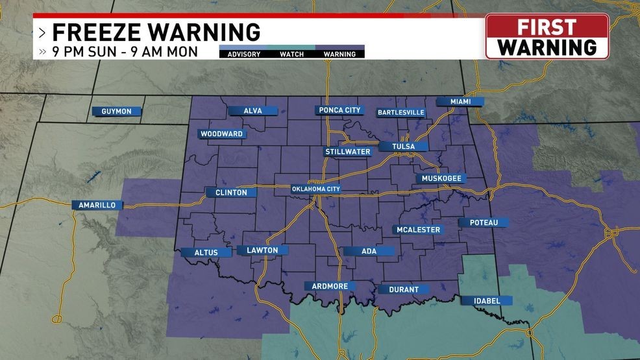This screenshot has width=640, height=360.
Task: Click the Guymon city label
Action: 117,112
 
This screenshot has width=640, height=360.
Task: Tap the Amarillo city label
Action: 97,205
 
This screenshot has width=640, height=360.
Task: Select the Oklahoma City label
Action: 316,189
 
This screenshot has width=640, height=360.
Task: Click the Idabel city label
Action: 487,301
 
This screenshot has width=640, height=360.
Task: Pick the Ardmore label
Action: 330,286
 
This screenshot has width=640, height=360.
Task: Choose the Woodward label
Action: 221,134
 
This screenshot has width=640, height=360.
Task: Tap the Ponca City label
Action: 339,110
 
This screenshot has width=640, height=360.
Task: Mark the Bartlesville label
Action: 401,112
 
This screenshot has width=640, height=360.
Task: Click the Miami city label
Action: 460,102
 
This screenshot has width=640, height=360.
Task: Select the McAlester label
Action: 419,230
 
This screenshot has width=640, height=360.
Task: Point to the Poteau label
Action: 484,222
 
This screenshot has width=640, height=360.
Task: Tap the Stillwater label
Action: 348,152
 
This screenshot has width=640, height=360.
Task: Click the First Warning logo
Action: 547,37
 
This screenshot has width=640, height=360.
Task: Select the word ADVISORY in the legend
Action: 244,54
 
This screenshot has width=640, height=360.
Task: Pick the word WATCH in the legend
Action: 292,54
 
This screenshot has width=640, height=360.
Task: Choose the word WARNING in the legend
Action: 339,54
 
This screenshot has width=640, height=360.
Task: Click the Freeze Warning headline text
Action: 156,31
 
